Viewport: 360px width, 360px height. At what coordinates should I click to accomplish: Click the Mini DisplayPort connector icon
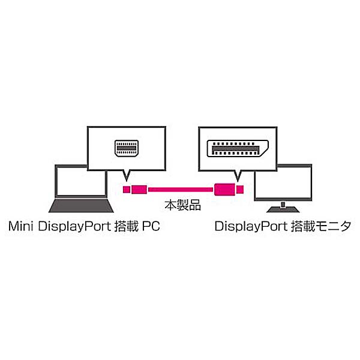(x=127, y=148)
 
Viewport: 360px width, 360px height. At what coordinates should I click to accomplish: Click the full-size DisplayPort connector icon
(x=238, y=148)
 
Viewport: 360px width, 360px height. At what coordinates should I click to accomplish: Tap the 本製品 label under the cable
(x=182, y=205)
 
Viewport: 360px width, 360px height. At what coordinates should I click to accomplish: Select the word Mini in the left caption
(x=21, y=226)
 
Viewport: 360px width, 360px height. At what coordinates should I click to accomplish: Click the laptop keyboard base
(x=81, y=206)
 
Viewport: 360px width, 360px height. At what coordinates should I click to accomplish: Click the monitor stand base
(x=283, y=209)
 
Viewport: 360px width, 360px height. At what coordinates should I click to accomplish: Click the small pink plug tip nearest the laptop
(x=127, y=190)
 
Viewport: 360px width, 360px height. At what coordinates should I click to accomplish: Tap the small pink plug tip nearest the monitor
(x=240, y=190)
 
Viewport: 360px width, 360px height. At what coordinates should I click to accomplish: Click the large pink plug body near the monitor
(x=224, y=190)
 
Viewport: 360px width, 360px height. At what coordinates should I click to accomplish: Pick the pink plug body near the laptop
(x=139, y=190)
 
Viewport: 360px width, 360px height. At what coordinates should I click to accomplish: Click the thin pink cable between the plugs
(x=181, y=190)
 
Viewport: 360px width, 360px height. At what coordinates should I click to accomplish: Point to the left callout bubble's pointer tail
(x=127, y=175)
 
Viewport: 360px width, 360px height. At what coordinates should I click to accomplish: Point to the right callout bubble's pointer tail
(x=238, y=176)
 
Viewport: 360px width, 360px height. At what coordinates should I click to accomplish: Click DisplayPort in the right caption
(x=251, y=226)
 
